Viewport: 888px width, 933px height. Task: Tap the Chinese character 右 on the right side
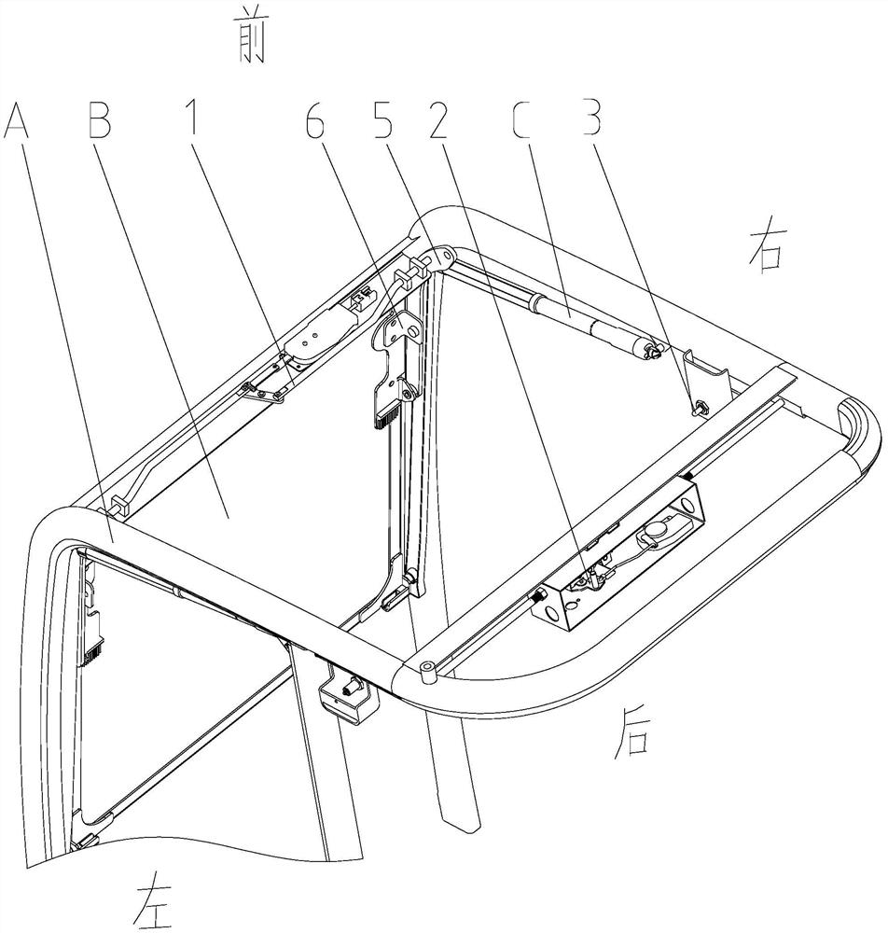(x=770, y=250)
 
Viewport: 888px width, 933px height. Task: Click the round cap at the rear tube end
(x=426, y=668)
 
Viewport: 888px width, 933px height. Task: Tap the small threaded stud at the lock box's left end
(x=540, y=595)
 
